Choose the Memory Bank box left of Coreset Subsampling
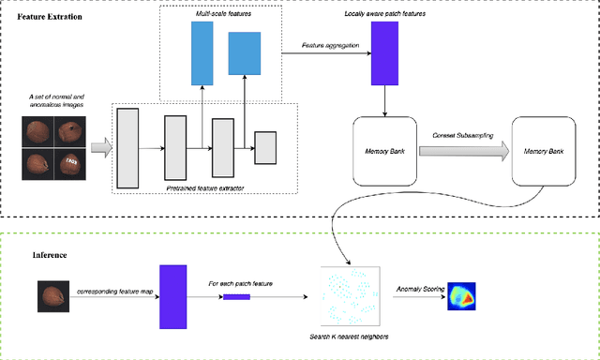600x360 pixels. (x=383, y=150)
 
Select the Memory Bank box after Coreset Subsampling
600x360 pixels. (x=543, y=150)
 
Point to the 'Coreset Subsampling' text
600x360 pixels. (x=462, y=135)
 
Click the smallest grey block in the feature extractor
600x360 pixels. (x=266, y=147)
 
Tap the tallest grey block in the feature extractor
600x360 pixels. (x=127, y=147)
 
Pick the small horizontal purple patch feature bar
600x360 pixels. (x=236, y=296)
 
